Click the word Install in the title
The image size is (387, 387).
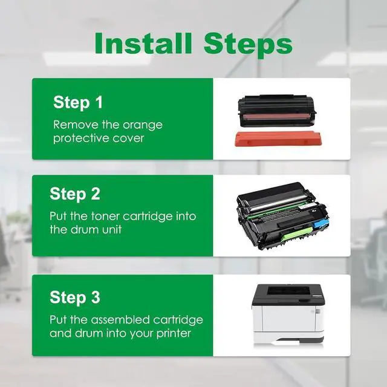pos(143,43)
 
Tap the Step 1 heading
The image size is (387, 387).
pos(78,102)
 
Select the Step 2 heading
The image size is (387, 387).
pos(75,193)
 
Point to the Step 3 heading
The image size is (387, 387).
pos(75,297)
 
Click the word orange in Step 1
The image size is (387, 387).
pos(143,126)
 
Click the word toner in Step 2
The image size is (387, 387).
pos(105,216)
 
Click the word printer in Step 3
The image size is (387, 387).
pos(174,334)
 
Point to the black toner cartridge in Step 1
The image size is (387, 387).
pos(277,110)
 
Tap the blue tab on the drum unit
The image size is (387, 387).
pos(321,223)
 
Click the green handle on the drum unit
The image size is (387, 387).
pos(297,234)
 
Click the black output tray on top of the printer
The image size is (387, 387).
pos(288,291)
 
